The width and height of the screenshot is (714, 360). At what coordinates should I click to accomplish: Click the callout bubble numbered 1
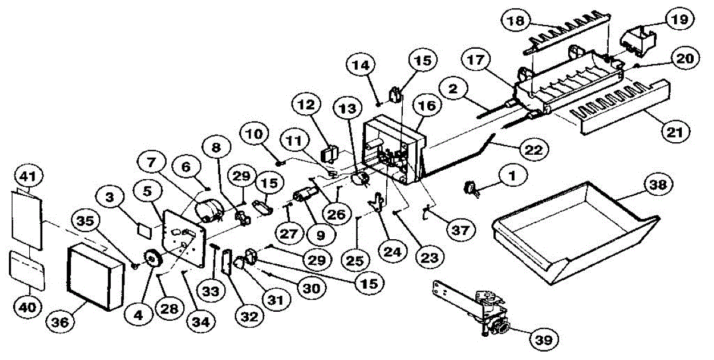tap(509, 176)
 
